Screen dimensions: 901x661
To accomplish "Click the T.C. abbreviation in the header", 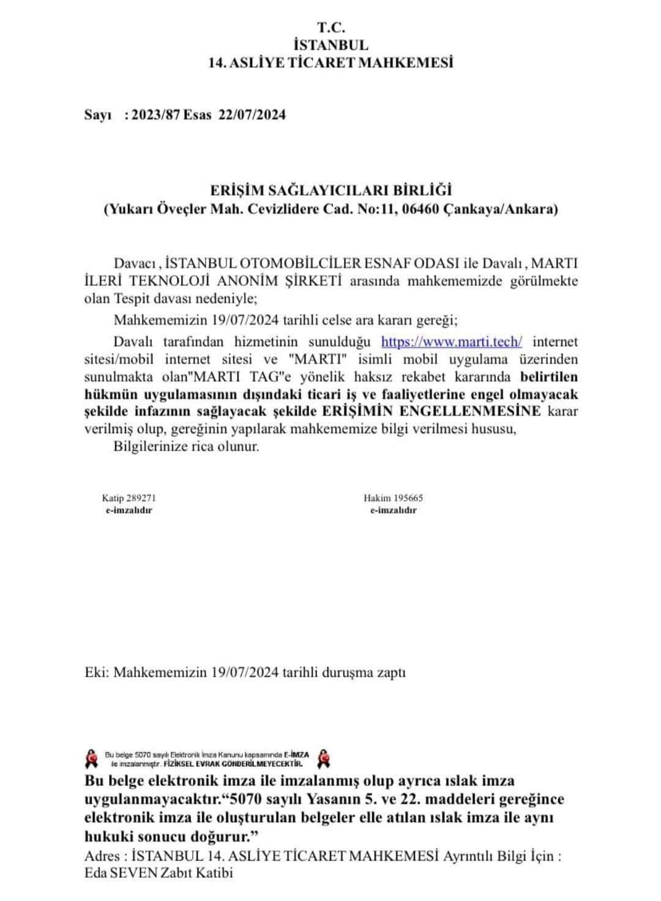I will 331,28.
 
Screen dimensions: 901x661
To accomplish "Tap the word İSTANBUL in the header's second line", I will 331,45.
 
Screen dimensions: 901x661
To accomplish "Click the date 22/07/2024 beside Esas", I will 252,115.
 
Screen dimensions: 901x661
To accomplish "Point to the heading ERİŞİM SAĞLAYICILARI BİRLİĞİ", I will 330,191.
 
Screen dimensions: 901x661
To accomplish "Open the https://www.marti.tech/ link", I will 452,341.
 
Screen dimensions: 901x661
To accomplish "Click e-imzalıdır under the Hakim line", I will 393,510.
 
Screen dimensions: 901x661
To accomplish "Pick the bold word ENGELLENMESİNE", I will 480,410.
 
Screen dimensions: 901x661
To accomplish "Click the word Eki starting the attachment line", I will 97,672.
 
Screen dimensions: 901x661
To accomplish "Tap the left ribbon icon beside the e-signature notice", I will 92,758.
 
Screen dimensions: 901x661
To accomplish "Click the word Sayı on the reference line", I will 97,115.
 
